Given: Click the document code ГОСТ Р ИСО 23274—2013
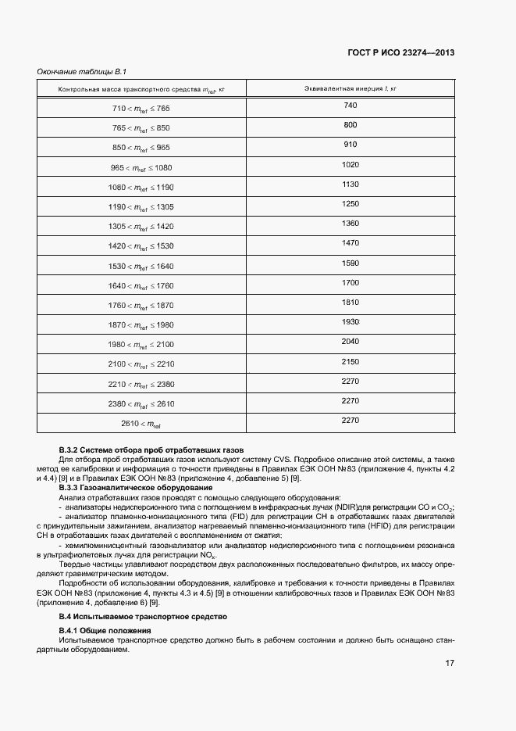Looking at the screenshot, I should [400, 53].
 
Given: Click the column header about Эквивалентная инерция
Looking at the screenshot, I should [350, 88].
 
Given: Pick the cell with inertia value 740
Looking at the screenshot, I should [350, 106].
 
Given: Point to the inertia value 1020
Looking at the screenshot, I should [350, 164].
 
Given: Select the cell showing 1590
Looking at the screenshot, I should [350, 263].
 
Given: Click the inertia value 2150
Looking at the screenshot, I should [350, 361].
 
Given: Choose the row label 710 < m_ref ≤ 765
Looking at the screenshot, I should [142, 108].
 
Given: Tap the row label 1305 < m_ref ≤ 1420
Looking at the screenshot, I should [142, 226].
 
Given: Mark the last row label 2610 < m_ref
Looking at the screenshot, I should [142, 423].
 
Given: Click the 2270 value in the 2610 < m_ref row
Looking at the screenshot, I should [350, 421].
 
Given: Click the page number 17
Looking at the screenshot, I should [450, 663].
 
